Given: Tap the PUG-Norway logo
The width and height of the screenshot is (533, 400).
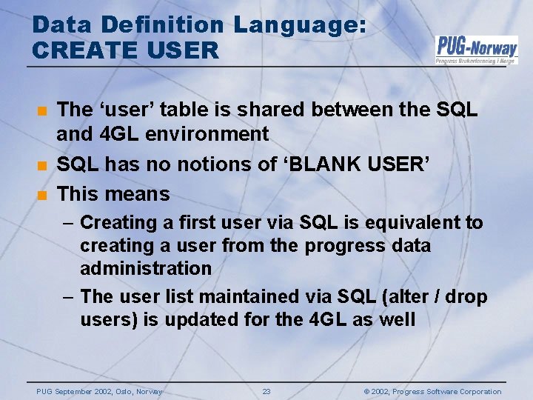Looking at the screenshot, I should tap(476, 50).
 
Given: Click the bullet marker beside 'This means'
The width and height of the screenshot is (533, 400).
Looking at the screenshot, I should tap(42, 195).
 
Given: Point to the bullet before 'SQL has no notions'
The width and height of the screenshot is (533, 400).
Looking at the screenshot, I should tap(42, 165).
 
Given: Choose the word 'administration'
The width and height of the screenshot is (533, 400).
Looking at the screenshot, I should tap(146, 268).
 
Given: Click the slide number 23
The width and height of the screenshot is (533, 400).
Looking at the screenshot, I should tap(266, 392).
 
